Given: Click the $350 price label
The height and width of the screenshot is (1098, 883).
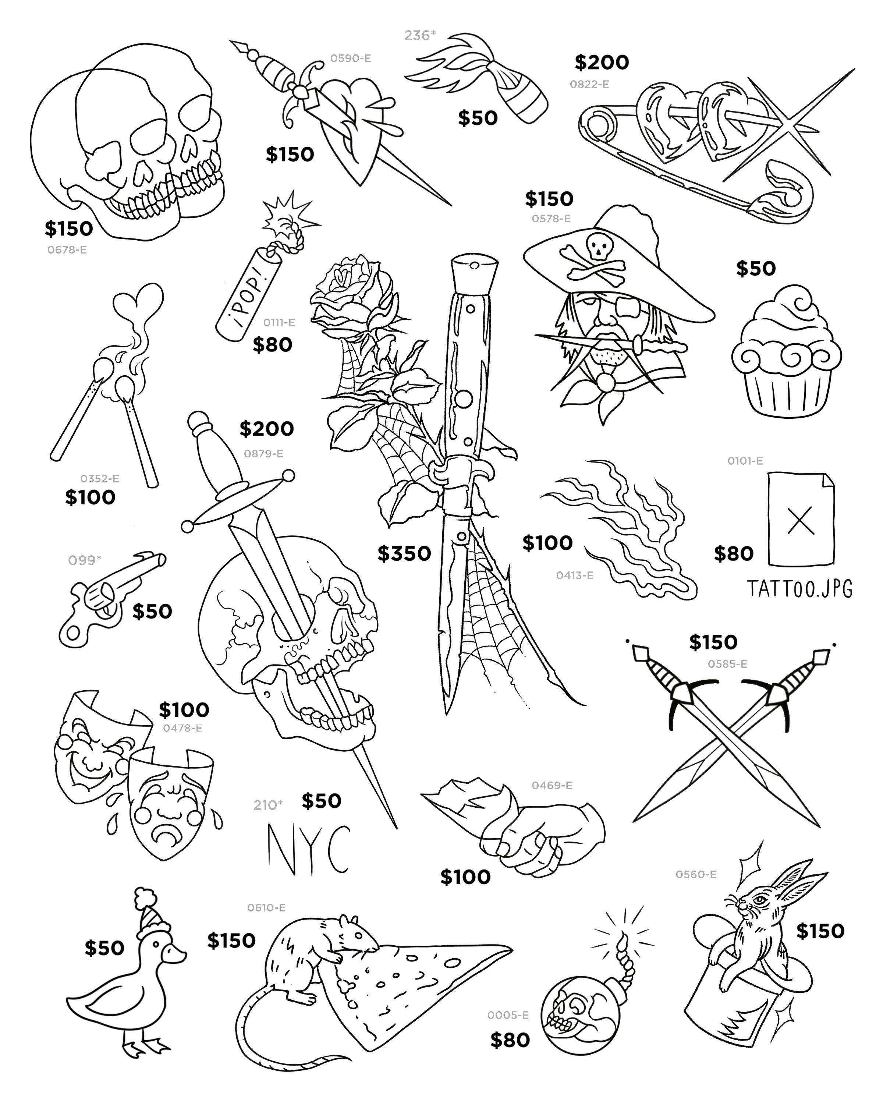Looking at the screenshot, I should [404, 553].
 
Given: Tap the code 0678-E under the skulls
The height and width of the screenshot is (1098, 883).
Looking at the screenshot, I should [67, 250].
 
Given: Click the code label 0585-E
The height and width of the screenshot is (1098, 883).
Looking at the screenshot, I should [727, 664].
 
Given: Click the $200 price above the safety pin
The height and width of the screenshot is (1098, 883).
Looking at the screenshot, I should [602, 63].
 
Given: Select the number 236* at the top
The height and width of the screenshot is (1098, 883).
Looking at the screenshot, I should [419, 35].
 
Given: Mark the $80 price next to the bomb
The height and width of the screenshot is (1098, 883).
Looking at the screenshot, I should [510, 1039].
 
